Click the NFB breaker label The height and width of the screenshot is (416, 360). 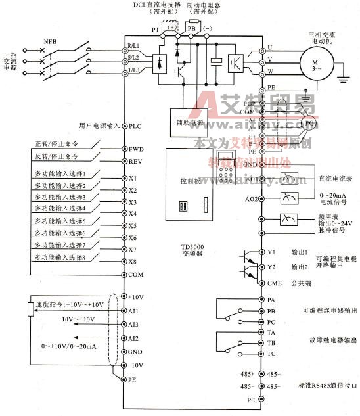(x=50, y=41)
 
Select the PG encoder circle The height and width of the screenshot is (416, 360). (x=308, y=123)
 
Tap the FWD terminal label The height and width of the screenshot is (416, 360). (x=136, y=149)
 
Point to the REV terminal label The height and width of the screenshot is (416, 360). (x=136, y=161)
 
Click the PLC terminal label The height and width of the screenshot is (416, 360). (x=135, y=125)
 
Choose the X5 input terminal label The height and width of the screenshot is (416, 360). (x=132, y=225)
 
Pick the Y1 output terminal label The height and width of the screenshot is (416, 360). (x=271, y=252)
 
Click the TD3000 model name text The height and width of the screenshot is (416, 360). (x=192, y=247)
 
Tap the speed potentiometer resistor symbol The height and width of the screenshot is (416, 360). (x=31, y=309)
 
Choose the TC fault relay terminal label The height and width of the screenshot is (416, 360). (x=271, y=354)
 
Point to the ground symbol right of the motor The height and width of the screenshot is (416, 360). (x=342, y=81)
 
